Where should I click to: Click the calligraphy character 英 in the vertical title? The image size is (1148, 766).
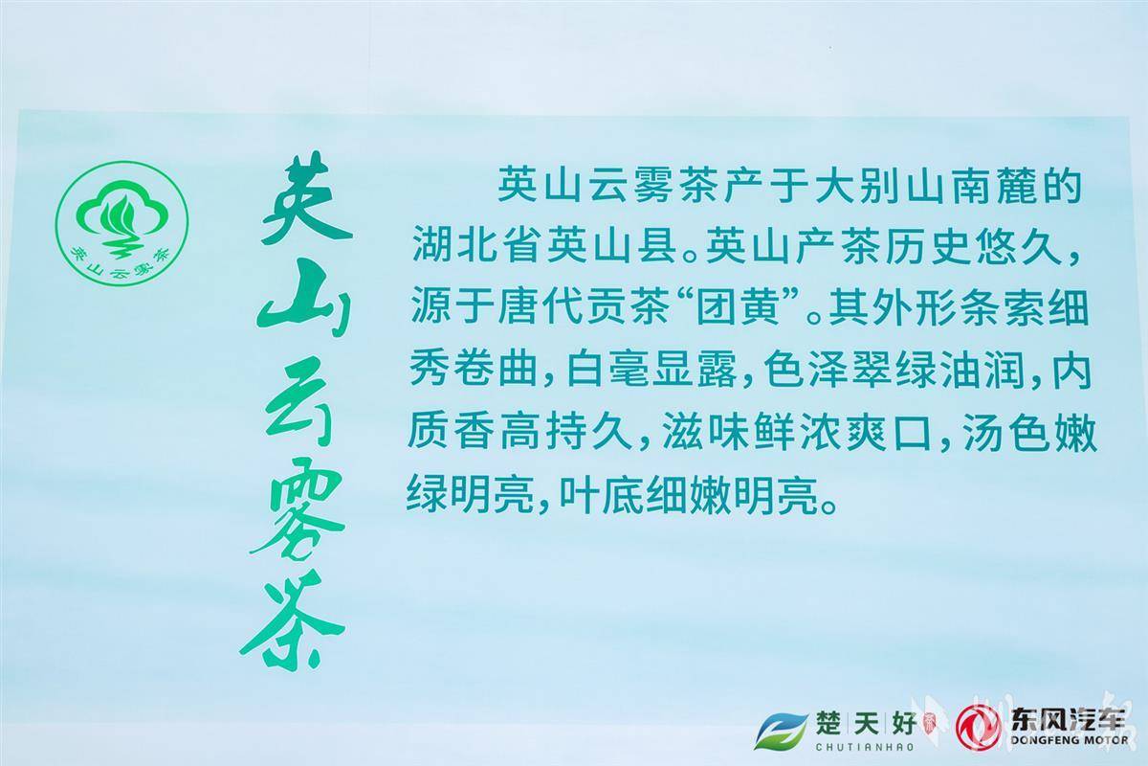coord(306,201)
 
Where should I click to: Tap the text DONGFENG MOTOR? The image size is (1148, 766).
coord(1070,740)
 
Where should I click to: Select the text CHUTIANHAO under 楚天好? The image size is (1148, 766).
coord(865,747)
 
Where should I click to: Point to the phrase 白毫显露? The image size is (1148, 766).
coord(651,370)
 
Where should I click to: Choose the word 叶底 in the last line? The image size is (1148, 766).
coord(601,497)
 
